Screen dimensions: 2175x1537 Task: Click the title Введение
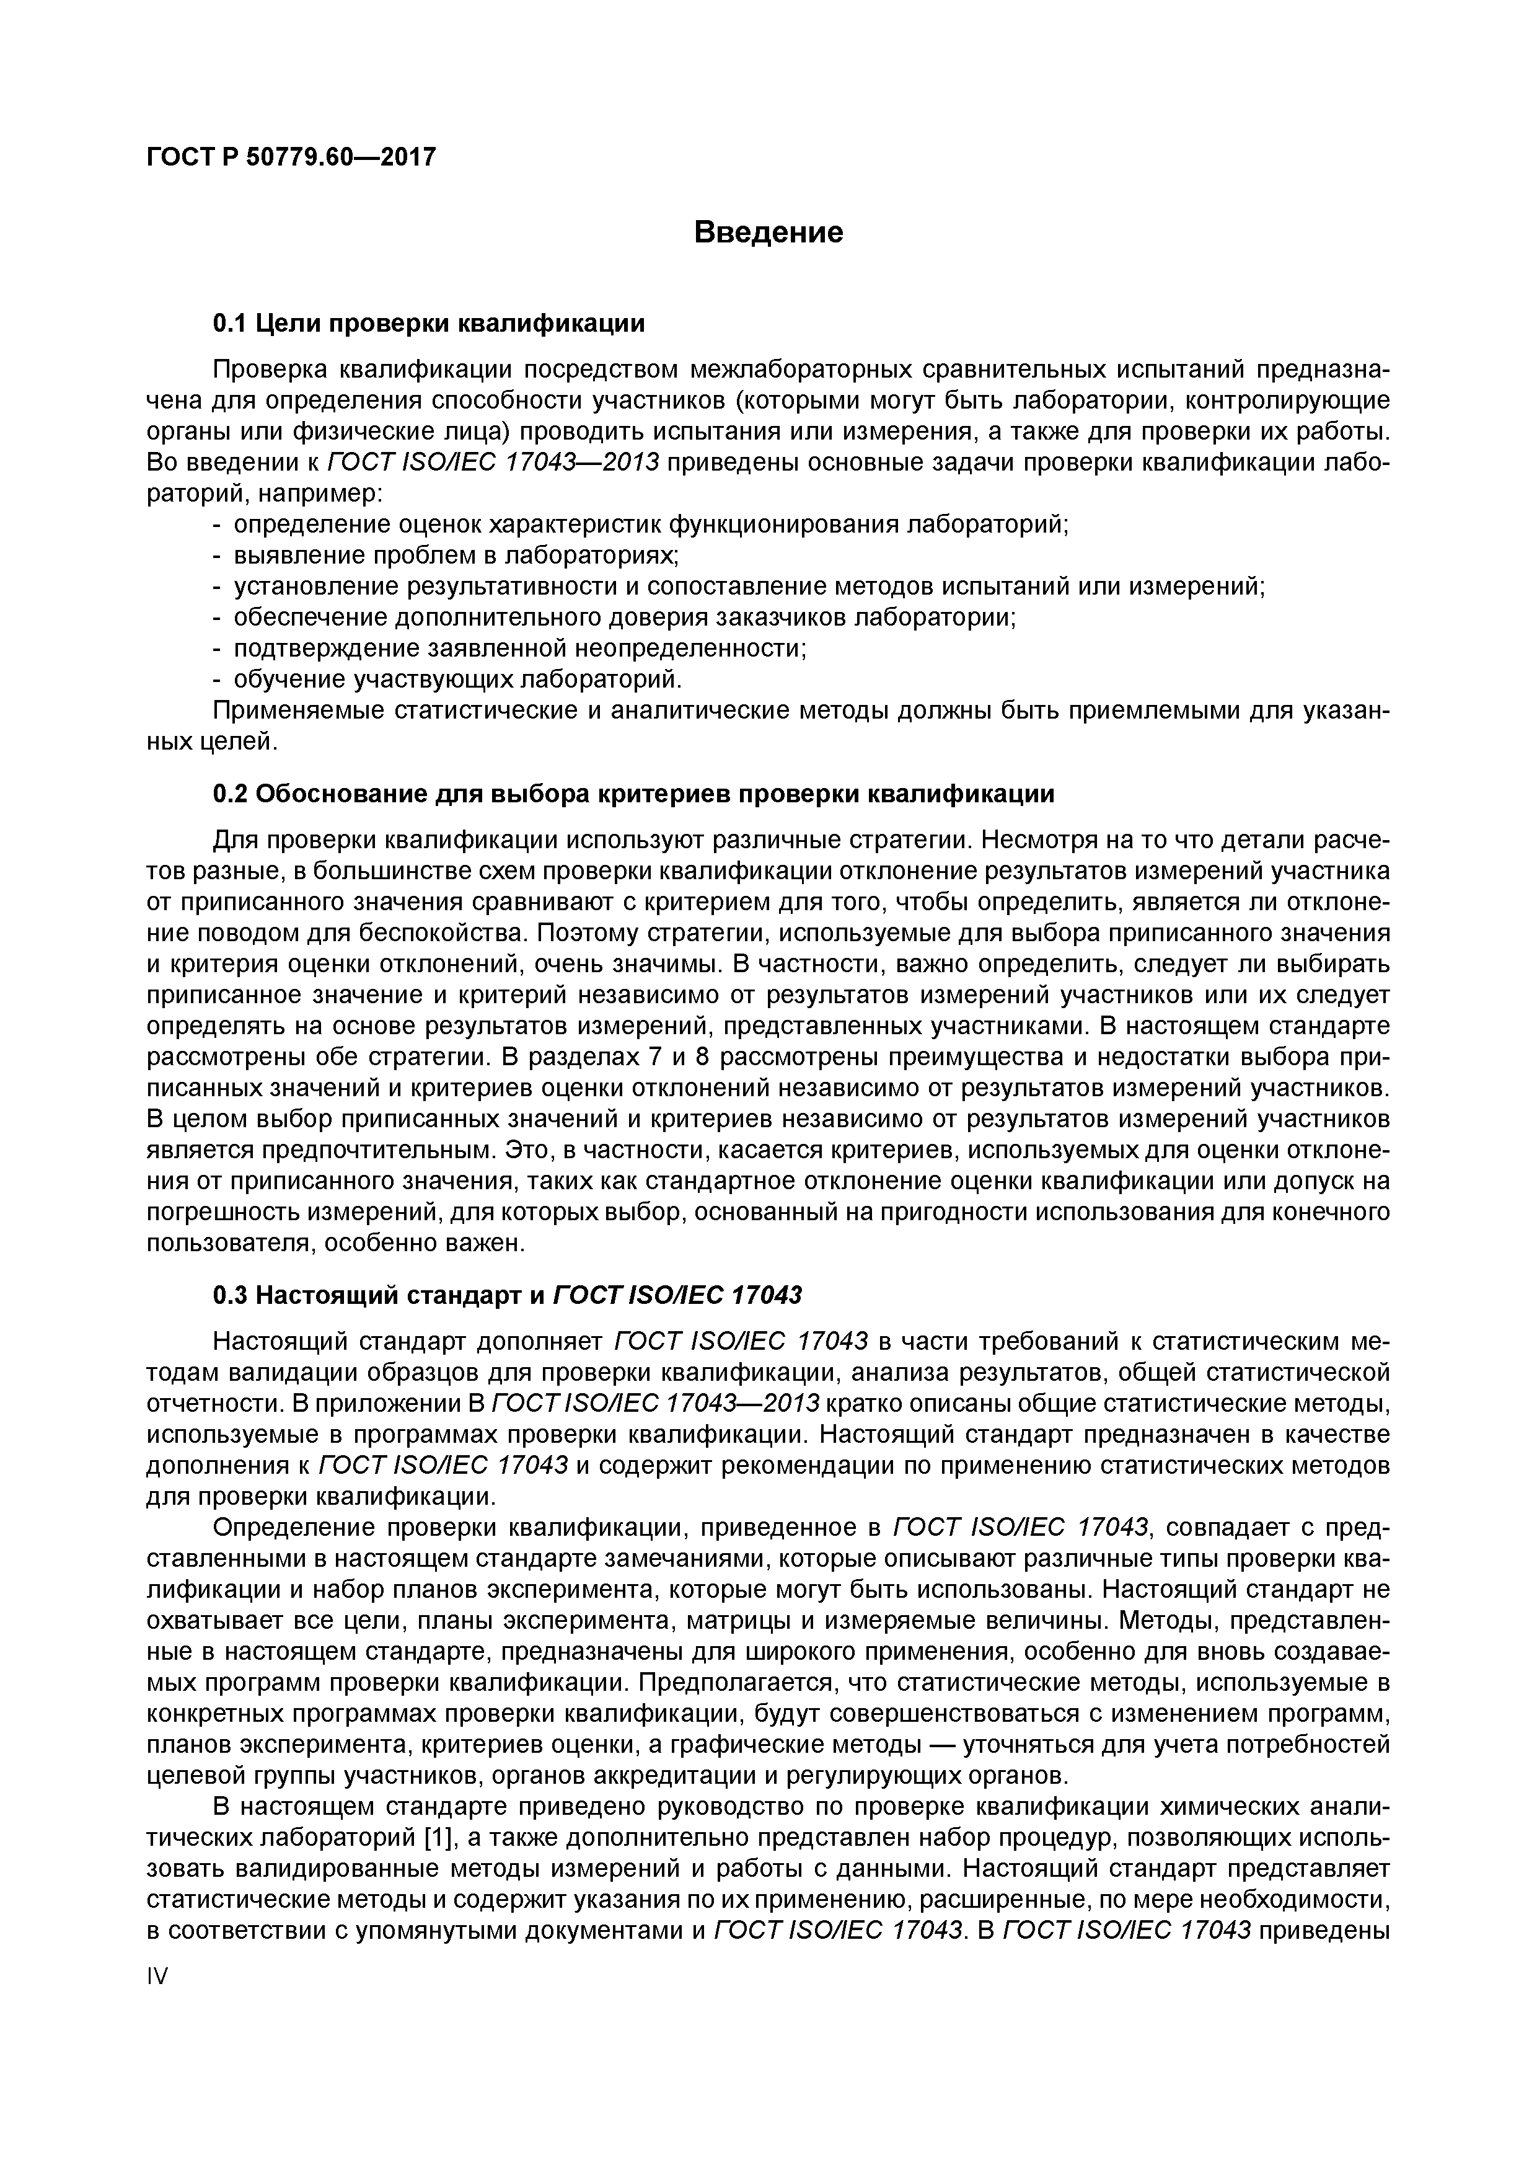point(768,232)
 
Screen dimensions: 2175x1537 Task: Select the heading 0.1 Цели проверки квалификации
point(428,324)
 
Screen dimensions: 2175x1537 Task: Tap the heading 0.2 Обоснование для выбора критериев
point(633,793)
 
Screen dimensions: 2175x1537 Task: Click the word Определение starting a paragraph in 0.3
point(294,1527)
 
